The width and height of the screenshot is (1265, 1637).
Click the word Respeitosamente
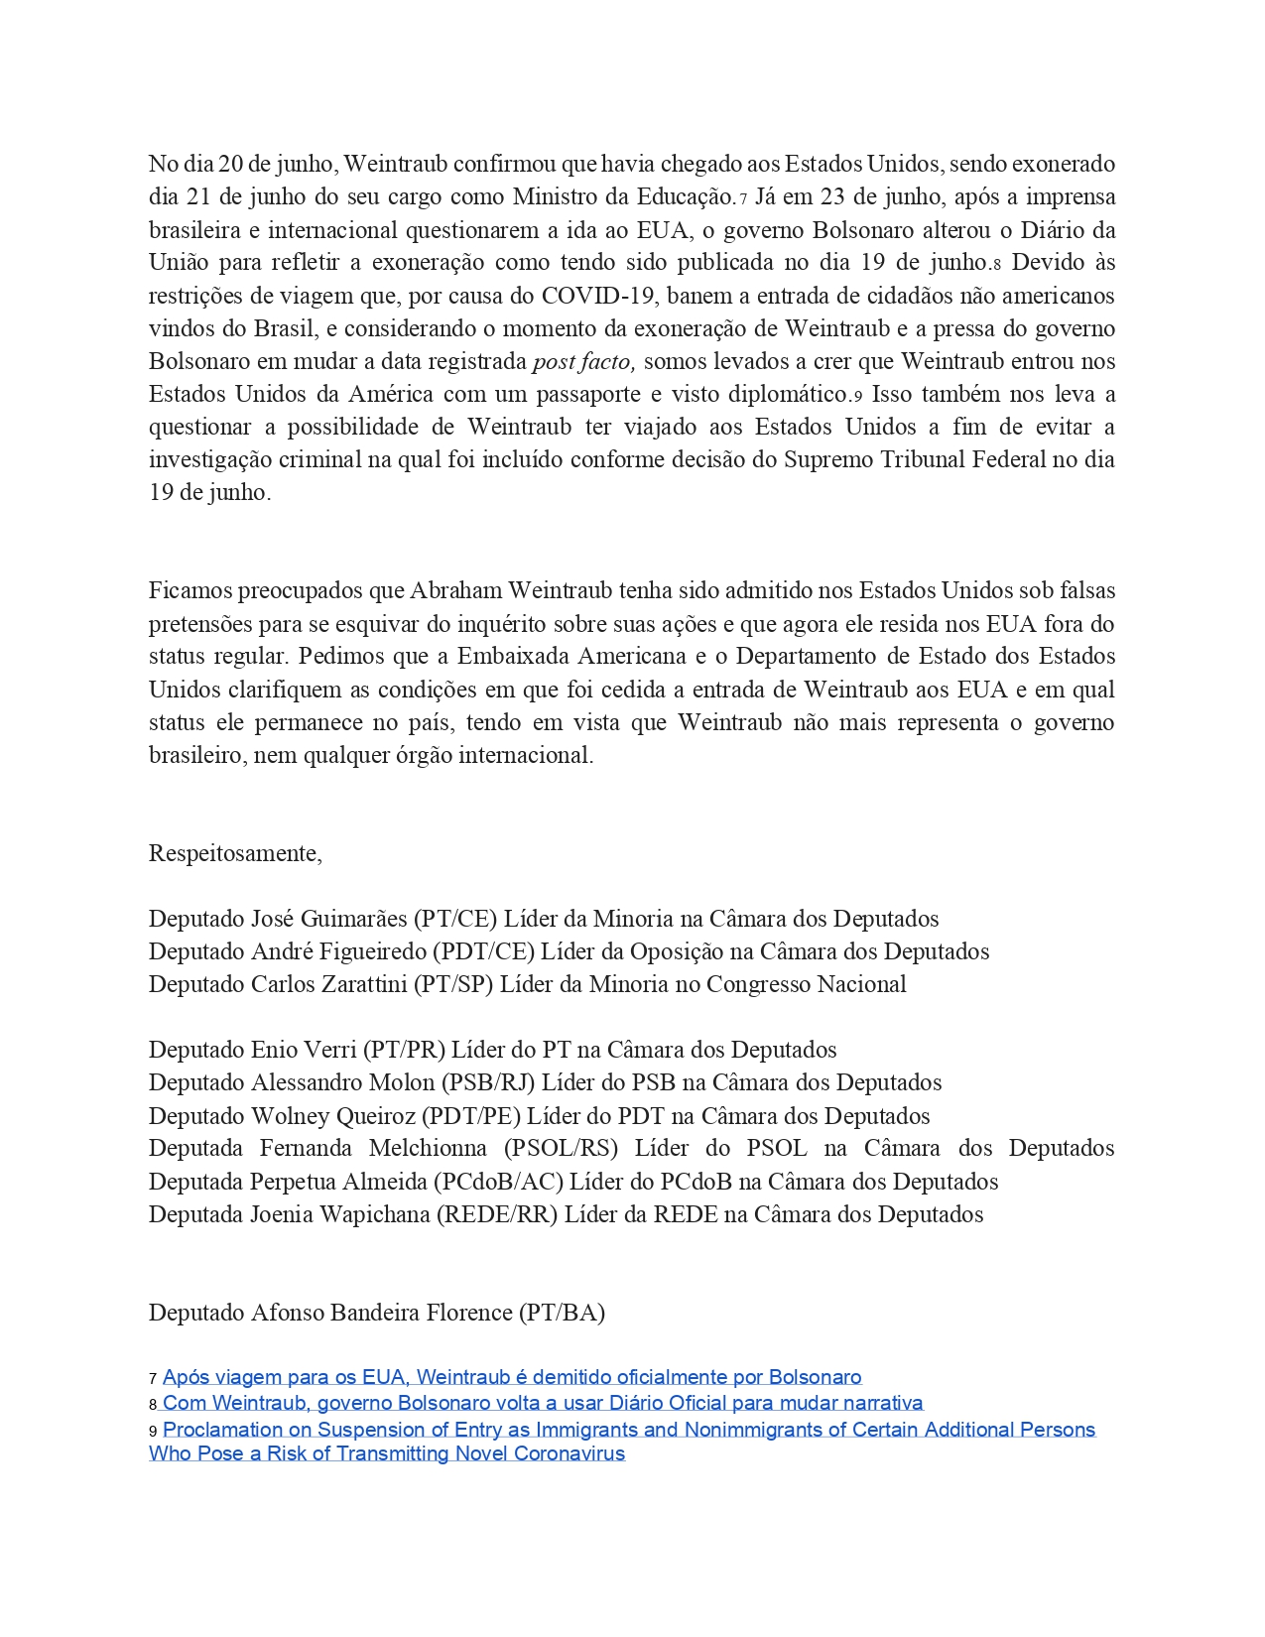click(234, 853)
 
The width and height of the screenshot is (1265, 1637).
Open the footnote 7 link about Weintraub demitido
click(511, 1377)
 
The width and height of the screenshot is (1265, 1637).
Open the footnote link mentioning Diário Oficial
click(543, 1403)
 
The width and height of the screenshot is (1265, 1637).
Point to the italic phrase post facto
click(583, 361)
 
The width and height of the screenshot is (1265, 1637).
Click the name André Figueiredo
click(337, 951)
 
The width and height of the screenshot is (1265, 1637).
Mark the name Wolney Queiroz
click(332, 1116)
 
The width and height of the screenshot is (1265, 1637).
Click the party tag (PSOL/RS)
click(561, 1149)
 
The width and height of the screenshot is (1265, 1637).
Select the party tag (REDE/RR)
click(497, 1214)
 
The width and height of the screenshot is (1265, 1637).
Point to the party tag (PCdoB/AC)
click(498, 1182)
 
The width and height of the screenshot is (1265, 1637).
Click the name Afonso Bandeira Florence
click(381, 1313)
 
